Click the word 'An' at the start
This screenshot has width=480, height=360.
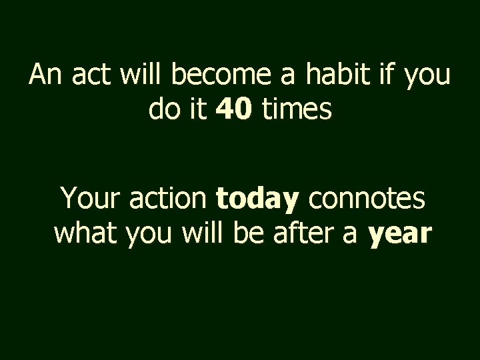pyautogui.click(x=45, y=76)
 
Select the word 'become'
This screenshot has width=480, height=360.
pyautogui.click(x=215, y=76)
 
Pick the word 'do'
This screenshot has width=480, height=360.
pyautogui.click(x=162, y=109)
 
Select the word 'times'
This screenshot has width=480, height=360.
pyautogui.click(x=296, y=109)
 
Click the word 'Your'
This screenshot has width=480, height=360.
pyautogui.click(x=89, y=199)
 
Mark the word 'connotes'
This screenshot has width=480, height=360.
pyautogui.click(x=366, y=199)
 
